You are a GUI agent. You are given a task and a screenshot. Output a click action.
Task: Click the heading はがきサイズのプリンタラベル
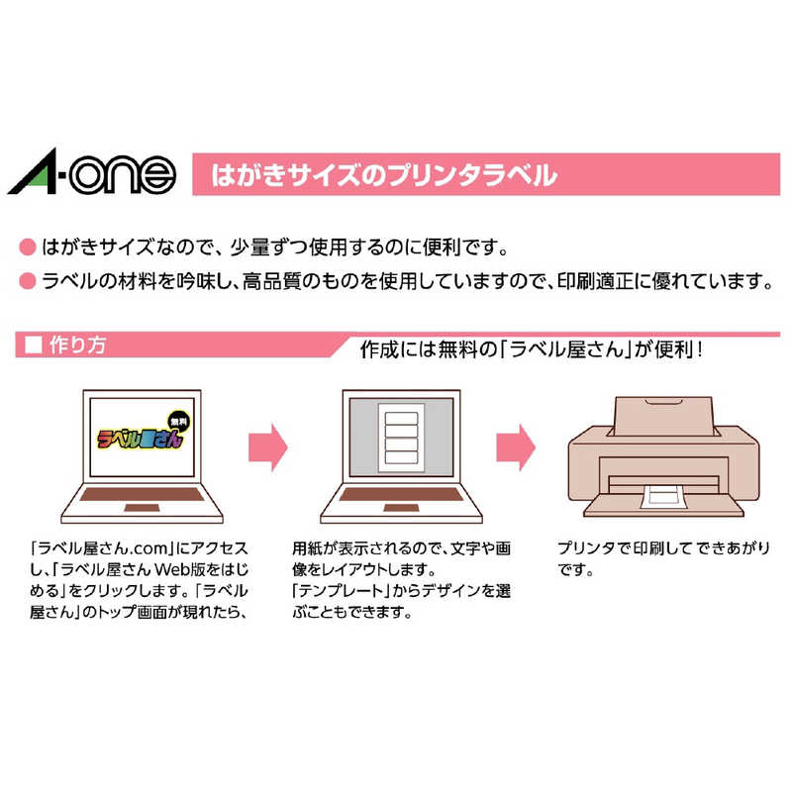(x=384, y=177)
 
